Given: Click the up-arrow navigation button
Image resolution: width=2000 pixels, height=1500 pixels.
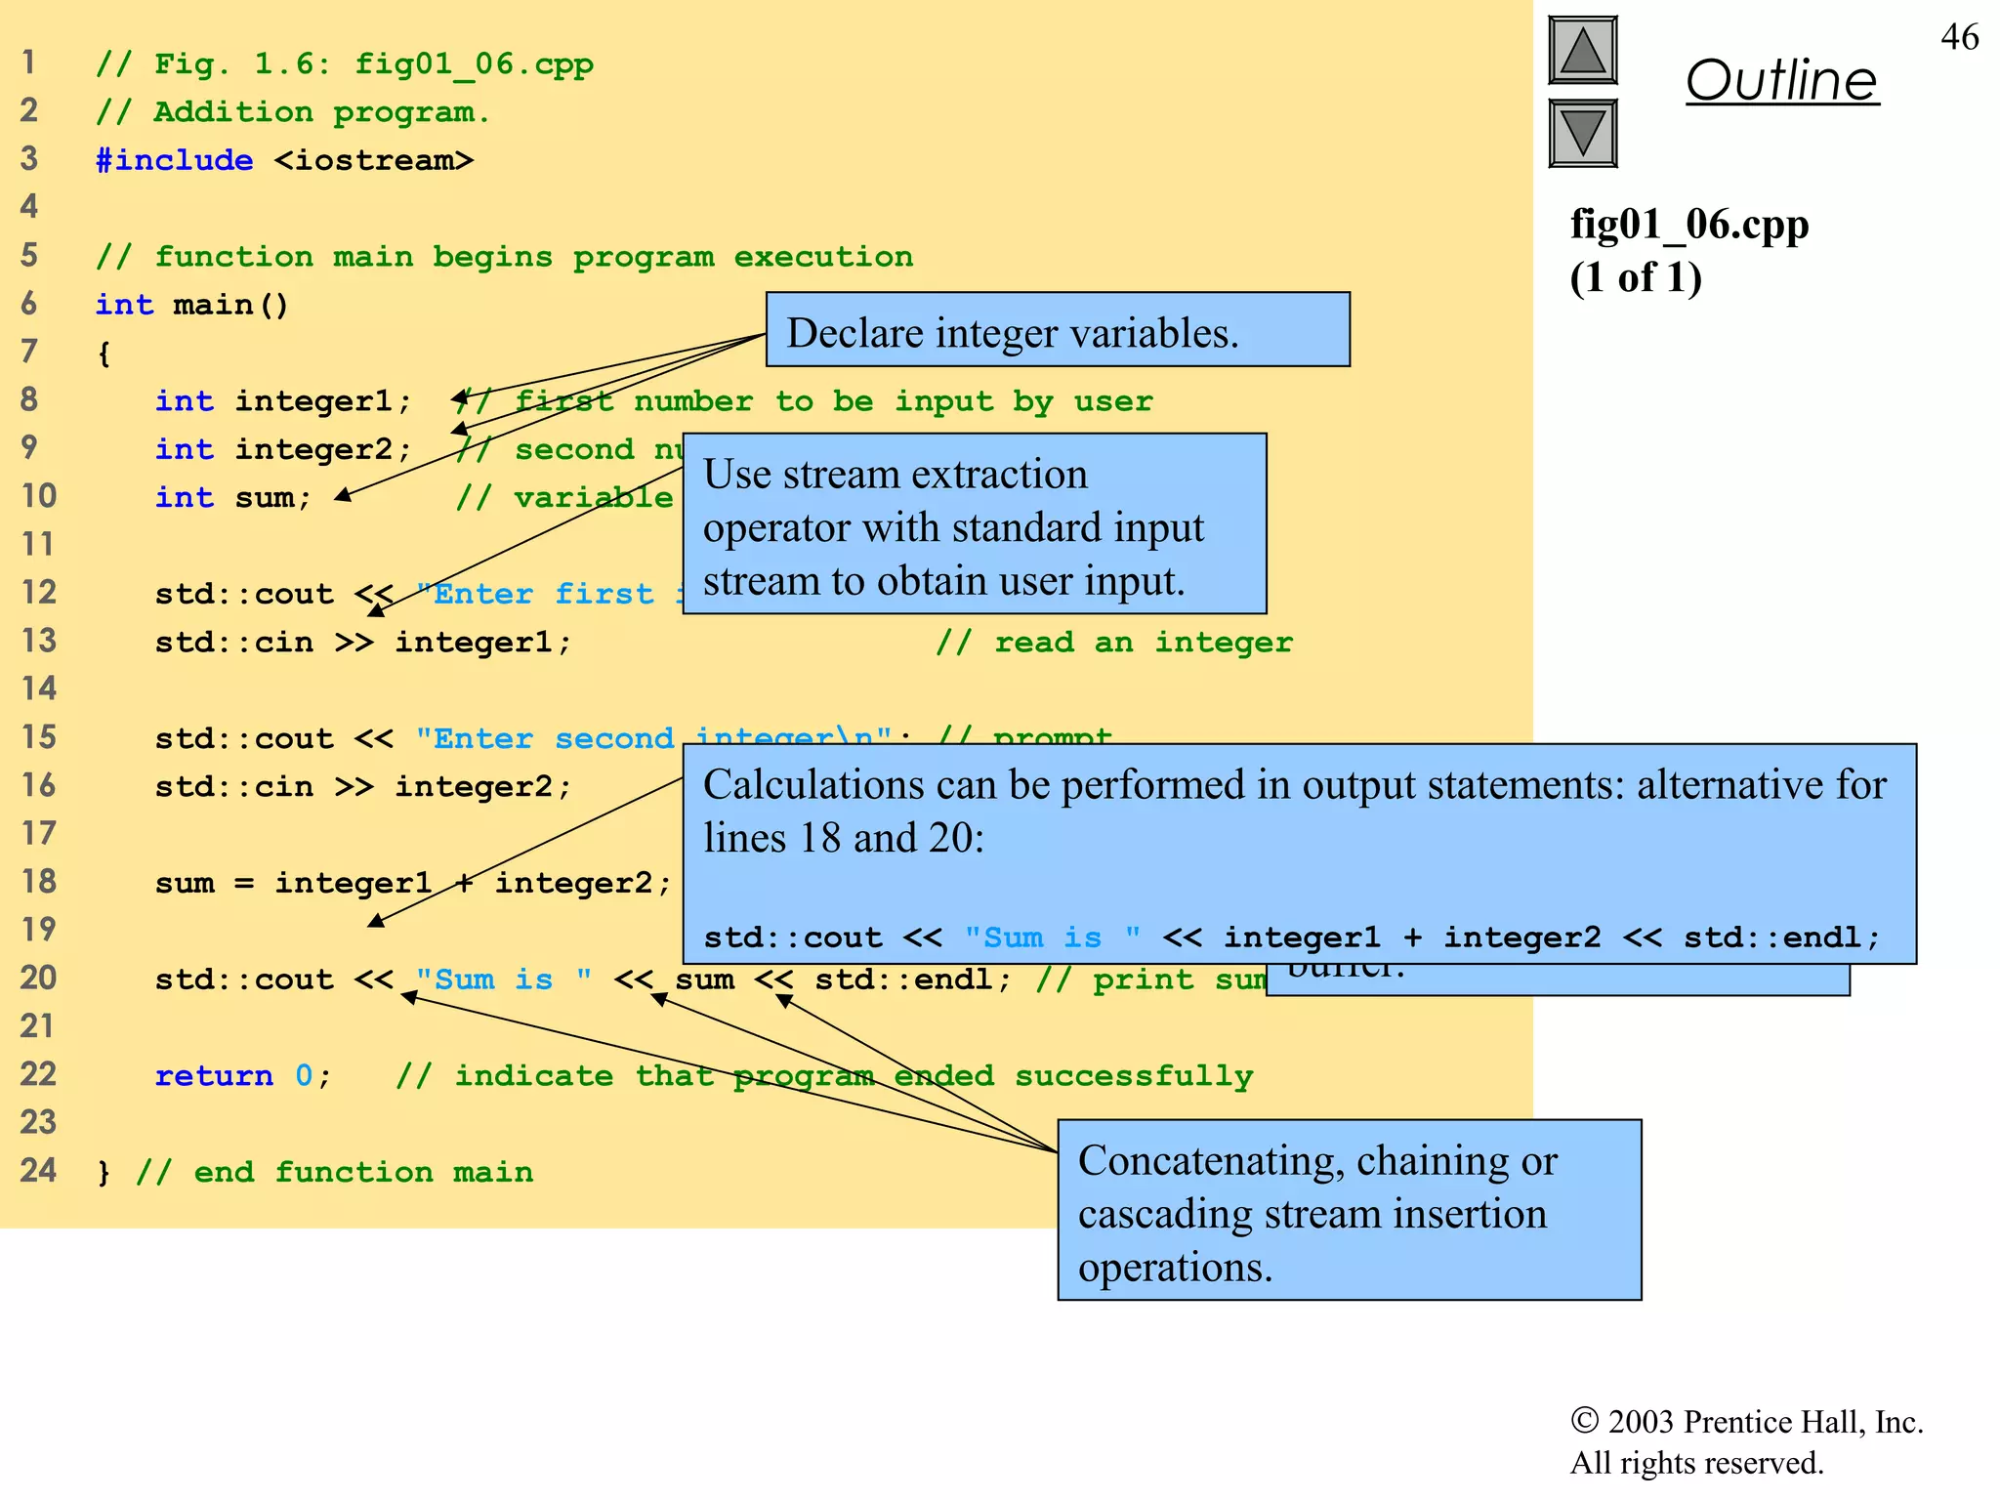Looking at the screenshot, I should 1582,51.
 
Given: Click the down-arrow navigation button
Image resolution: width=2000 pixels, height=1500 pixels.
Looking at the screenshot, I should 1582,133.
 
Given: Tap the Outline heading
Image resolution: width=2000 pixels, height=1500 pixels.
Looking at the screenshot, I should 1781,80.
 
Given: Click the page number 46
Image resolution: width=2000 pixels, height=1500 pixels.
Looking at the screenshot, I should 1959,37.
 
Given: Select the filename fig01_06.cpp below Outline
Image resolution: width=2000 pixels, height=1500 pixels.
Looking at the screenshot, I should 1688,225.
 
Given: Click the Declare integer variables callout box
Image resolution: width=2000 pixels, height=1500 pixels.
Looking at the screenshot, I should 1057,330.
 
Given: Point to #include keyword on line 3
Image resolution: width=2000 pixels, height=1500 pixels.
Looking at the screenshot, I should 174,160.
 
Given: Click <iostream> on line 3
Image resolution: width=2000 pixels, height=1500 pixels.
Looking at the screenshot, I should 373,160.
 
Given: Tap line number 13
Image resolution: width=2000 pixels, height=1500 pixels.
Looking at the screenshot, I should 39,641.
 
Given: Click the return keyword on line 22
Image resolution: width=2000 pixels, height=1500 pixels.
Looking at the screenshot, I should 214,1075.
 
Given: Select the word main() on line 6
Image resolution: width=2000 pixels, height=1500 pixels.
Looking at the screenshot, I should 230,305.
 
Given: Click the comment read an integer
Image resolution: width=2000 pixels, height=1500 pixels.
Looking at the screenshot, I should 1113,642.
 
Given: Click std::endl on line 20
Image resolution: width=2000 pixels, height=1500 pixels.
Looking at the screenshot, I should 911,979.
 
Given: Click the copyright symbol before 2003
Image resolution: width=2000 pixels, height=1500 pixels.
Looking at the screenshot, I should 1583,1420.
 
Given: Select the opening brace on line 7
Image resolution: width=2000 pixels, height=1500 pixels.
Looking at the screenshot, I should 104,353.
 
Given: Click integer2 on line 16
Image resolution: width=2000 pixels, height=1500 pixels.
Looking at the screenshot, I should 482,786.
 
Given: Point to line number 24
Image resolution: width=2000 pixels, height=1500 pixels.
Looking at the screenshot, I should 39,1170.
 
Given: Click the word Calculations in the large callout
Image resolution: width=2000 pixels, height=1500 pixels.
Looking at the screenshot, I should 813,784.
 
